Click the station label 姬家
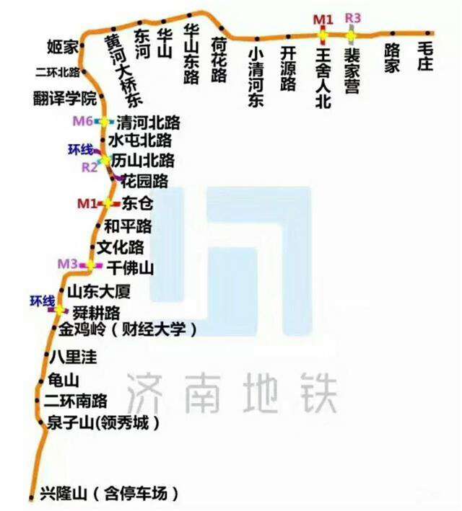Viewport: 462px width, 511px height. coord(61,48)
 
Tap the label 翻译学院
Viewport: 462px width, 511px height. coord(64,97)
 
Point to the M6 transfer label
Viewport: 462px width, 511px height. coord(83,121)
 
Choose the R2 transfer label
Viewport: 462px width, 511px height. coord(90,168)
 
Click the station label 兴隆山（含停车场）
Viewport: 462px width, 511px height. coord(109,495)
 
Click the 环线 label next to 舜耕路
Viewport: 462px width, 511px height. coord(42,301)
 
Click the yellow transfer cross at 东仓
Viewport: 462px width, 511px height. coord(108,203)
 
